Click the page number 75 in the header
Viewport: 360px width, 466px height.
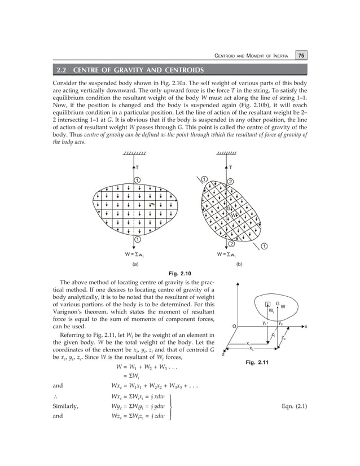coord(302,55)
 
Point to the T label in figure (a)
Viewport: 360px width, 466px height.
coord(138,168)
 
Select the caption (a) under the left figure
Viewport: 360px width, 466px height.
coord(135,263)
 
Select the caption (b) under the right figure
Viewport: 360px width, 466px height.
coord(239,263)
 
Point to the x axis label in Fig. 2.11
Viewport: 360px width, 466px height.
coord(305,327)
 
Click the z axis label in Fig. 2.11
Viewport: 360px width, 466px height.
coord(222,355)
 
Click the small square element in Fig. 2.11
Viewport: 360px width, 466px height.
coord(267,305)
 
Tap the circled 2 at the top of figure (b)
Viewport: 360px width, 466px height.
coord(230,181)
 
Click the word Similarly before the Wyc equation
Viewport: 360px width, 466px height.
coord(65,406)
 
